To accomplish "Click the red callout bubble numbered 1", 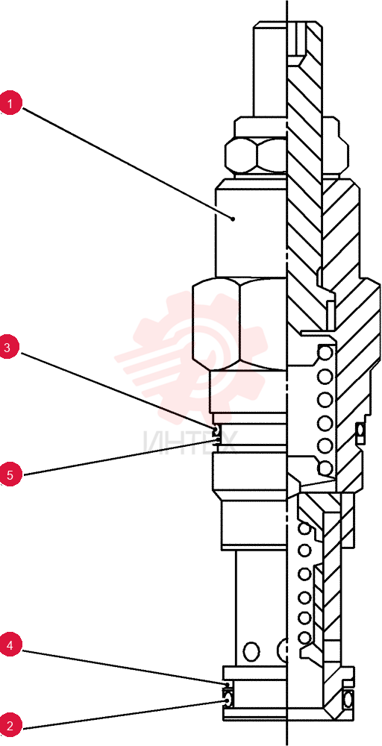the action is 10,104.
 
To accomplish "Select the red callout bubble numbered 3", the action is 7,348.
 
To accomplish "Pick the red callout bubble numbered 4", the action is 10,645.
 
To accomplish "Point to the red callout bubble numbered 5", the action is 10,474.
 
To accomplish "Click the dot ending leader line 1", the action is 233,219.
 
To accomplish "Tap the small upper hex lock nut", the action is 256,154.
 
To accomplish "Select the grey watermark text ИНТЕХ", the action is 190,442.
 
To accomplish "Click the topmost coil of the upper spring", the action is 325,353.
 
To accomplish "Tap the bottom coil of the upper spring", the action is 325,468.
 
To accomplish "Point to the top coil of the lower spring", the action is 304,528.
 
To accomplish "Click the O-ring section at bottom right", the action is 348,699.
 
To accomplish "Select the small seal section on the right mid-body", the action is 360,430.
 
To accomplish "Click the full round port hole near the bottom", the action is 251,651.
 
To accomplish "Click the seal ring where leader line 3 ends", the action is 216,431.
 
